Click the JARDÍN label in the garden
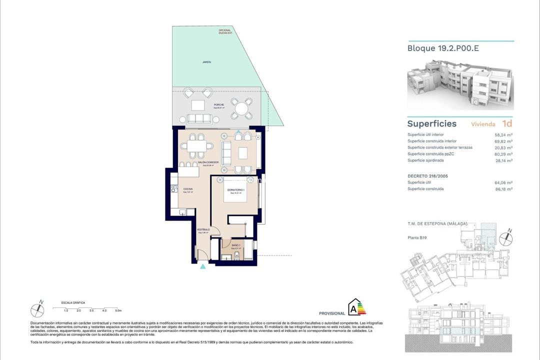coord(206,62)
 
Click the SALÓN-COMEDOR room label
coord(208,162)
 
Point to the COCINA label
coord(188,189)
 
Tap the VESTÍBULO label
coord(203,229)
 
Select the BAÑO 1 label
coord(236,245)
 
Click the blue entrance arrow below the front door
coord(202,267)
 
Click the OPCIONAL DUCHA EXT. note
coord(225,32)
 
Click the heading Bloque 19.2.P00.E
coord(439,49)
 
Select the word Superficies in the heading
coord(431,123)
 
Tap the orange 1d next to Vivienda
coord(507,123)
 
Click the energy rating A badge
coord(356,307)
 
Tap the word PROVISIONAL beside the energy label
coord(331,313)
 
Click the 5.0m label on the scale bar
coord(118,310)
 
